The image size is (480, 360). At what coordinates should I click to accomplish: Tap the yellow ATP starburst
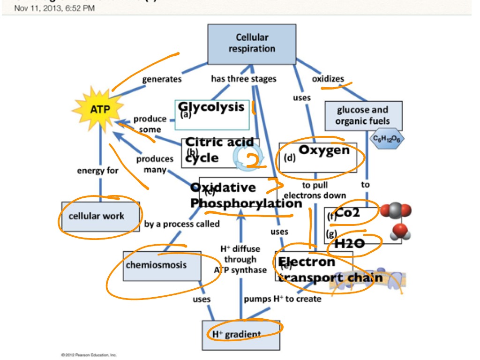pyautogui.click(x=100, y=110)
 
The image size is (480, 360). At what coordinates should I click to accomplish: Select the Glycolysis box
pyautogui.click(x=211, y=114)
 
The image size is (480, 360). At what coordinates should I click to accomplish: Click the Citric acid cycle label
pyautogui.click(x=219, y=150)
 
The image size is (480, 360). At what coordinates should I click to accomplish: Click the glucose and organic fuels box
pyautogui.click(x=363, y=116)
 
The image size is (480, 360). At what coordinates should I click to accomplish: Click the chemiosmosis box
pyautogui.click(x=162, y=265)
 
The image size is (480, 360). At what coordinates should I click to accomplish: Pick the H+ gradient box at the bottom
pyautogui.click(x=240, y=333)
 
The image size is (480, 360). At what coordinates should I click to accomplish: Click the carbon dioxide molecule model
pyautogui.click(x=396, y=211)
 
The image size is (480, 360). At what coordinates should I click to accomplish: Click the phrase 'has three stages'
pyautogui.click(x=243, y=79)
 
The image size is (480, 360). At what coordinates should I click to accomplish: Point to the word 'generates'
pyautogui.click(x=162, y=79)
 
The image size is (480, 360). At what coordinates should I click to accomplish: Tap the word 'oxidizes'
pyautogui.click(x=328, y=78)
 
